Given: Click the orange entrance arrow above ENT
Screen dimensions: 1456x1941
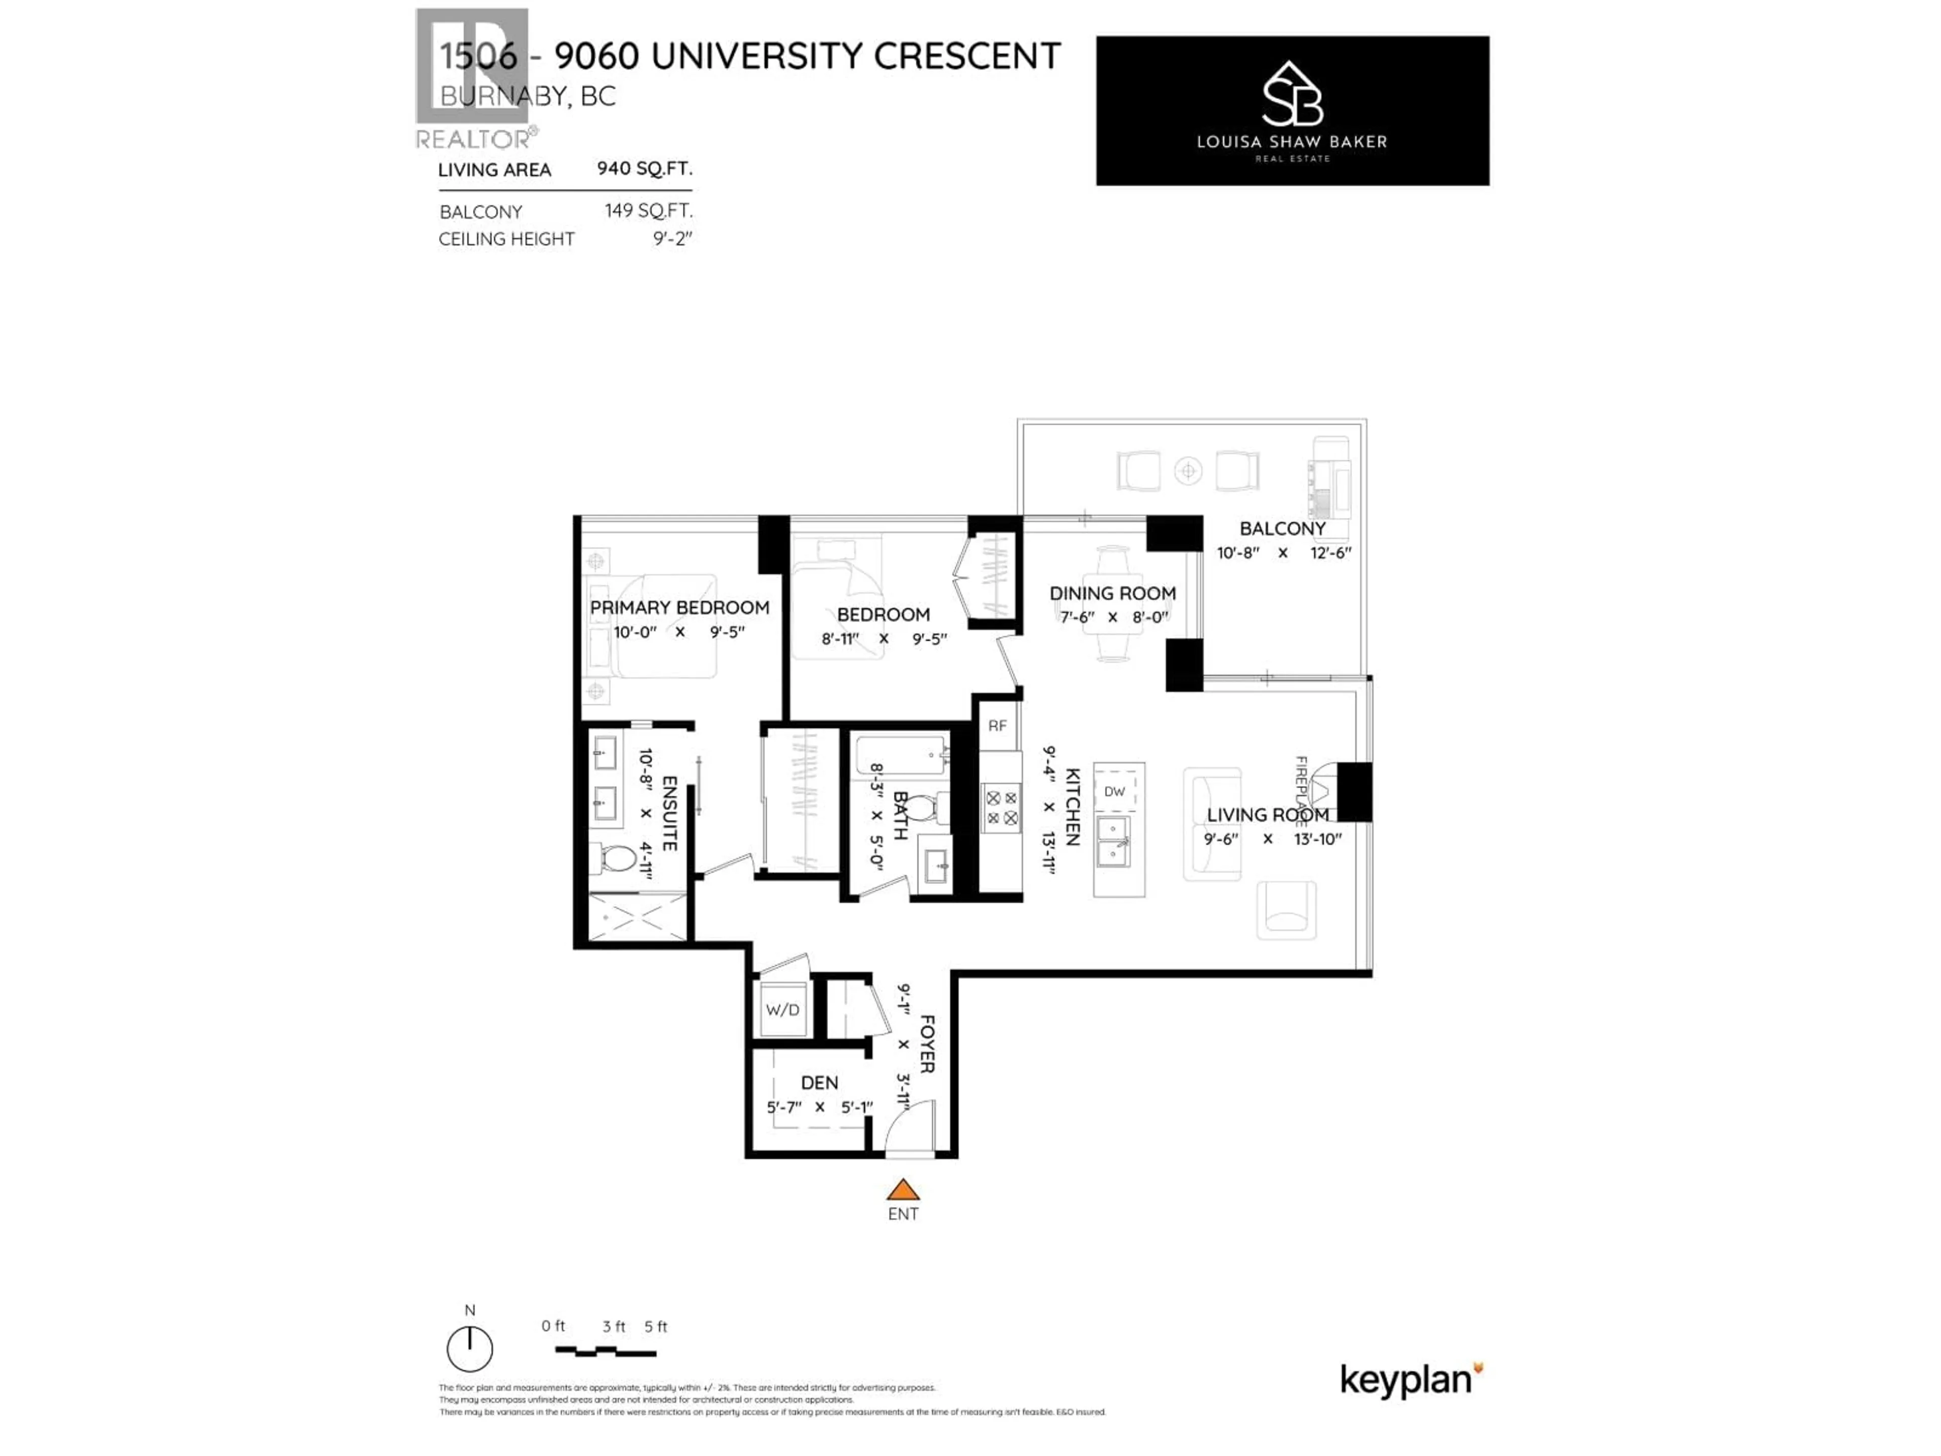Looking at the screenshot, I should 902,1190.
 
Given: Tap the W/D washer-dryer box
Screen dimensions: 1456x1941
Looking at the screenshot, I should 782,1009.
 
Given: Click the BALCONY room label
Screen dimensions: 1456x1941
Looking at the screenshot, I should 1282,528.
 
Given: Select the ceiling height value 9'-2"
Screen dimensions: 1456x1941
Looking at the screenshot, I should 672,239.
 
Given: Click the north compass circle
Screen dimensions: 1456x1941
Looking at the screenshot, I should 470,1349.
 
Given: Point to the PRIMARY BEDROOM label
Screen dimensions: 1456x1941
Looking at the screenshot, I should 679,607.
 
